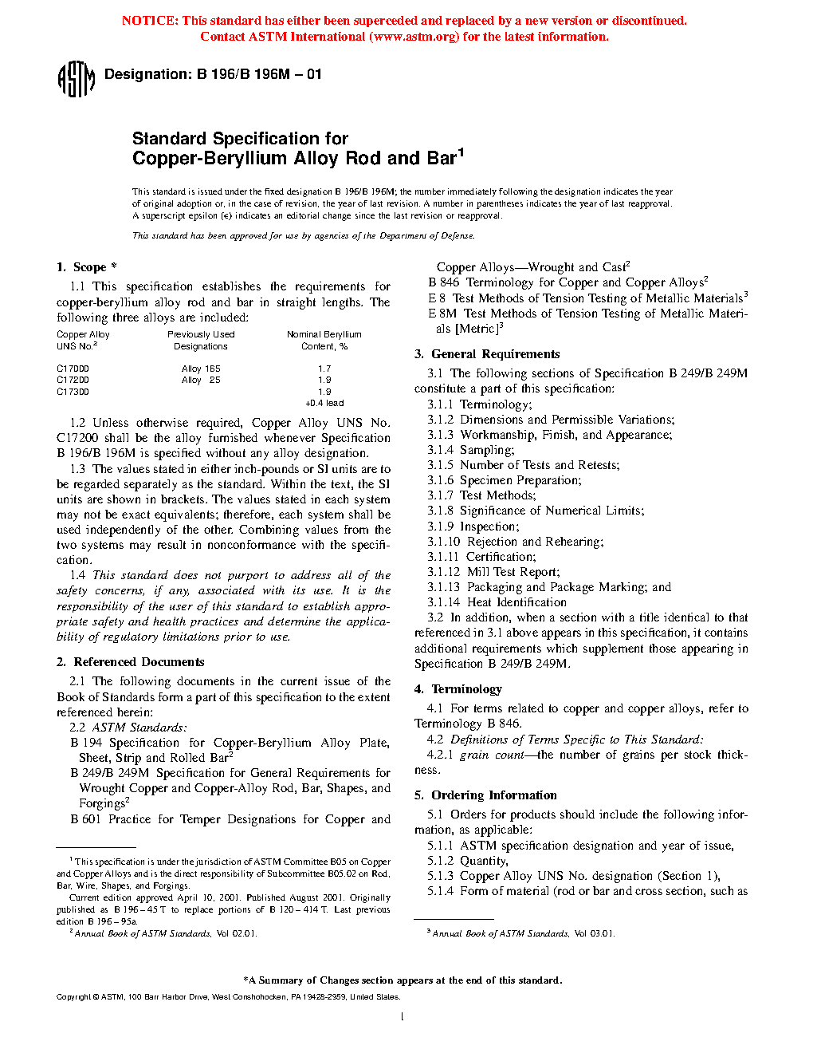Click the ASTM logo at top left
[76, 79]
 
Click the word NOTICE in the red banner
[150, 21]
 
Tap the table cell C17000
[73, 369]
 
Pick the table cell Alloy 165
[201, 369]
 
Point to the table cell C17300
[73, 392]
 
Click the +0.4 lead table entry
[324, 403]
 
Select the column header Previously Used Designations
[201, 341]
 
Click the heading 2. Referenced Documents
[131, 662]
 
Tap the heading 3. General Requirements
[487, 354]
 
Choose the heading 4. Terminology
[458, 689]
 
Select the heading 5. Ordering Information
[485, 795]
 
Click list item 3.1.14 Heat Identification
[497, 602]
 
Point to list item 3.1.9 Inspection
[473, 526]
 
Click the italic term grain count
[492, 755]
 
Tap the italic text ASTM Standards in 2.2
[139, 728]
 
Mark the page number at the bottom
[403, 1016]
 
